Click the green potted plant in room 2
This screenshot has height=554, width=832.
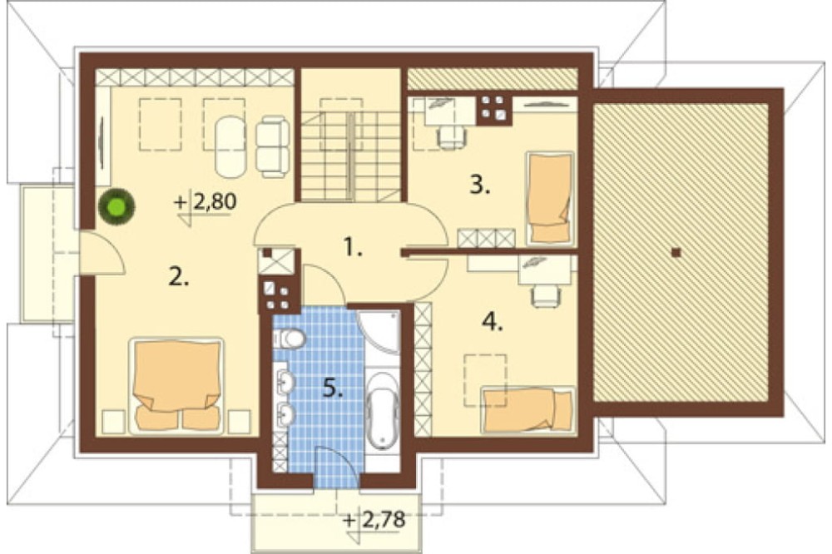pos(116,205)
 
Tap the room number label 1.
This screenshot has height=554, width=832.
pos(353,247)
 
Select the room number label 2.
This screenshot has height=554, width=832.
pos(179,276)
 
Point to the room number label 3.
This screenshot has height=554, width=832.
pos(480,185)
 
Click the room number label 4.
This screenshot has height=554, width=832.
pos(493,322)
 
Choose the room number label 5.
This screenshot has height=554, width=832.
pos(334,389)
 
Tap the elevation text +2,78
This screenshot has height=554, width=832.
pos(374,519)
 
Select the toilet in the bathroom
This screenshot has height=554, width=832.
pos(290,338)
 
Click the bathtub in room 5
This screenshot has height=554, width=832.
pos(382,409)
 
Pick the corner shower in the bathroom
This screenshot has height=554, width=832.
pos(379,333)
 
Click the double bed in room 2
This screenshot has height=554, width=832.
pos(176,385)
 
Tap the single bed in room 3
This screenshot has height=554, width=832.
pos(550,199)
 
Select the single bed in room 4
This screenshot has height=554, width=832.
pos(528,409)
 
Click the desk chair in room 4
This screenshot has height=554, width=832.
pos(546,295)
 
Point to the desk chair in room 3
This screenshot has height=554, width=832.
pos(451,136)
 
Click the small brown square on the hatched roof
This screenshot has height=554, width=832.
pos(676,253)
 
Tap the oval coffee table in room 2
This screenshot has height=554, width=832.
pos(230,146)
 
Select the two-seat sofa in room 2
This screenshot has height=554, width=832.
pos(272,146)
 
